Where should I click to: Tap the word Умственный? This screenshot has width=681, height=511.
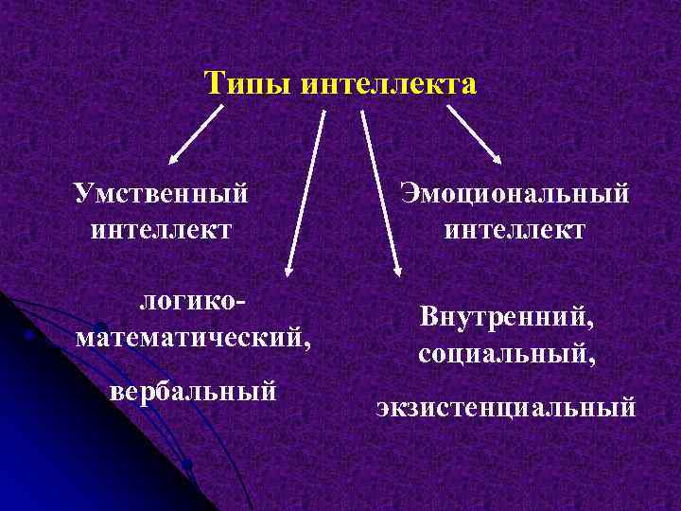pos(162,194)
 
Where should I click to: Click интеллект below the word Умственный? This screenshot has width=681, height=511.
pos(162,229)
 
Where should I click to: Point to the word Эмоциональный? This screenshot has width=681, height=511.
pos(515,194)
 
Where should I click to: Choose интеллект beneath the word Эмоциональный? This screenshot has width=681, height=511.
pos(515,229)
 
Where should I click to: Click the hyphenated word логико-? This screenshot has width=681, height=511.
pos(194,302)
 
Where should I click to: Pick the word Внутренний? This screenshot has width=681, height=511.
pos(508,320)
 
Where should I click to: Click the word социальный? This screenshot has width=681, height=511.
pos(508,355)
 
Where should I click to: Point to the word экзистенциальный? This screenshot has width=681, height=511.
pos(506,408)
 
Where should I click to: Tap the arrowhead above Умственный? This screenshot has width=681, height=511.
pos(174,159)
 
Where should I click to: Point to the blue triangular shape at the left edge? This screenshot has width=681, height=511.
pos(19,341)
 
